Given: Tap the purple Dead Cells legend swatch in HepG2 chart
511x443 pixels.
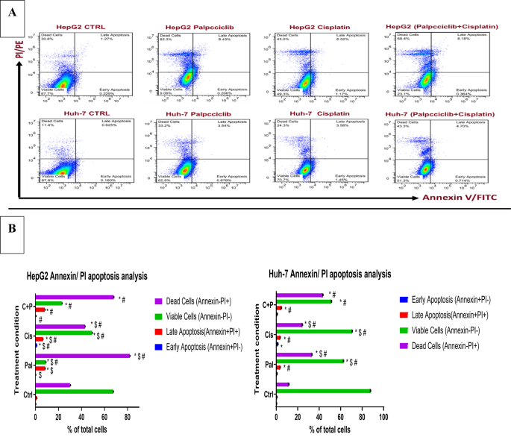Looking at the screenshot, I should pos(159,301).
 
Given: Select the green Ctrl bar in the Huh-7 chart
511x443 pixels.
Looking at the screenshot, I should pos(323,391).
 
